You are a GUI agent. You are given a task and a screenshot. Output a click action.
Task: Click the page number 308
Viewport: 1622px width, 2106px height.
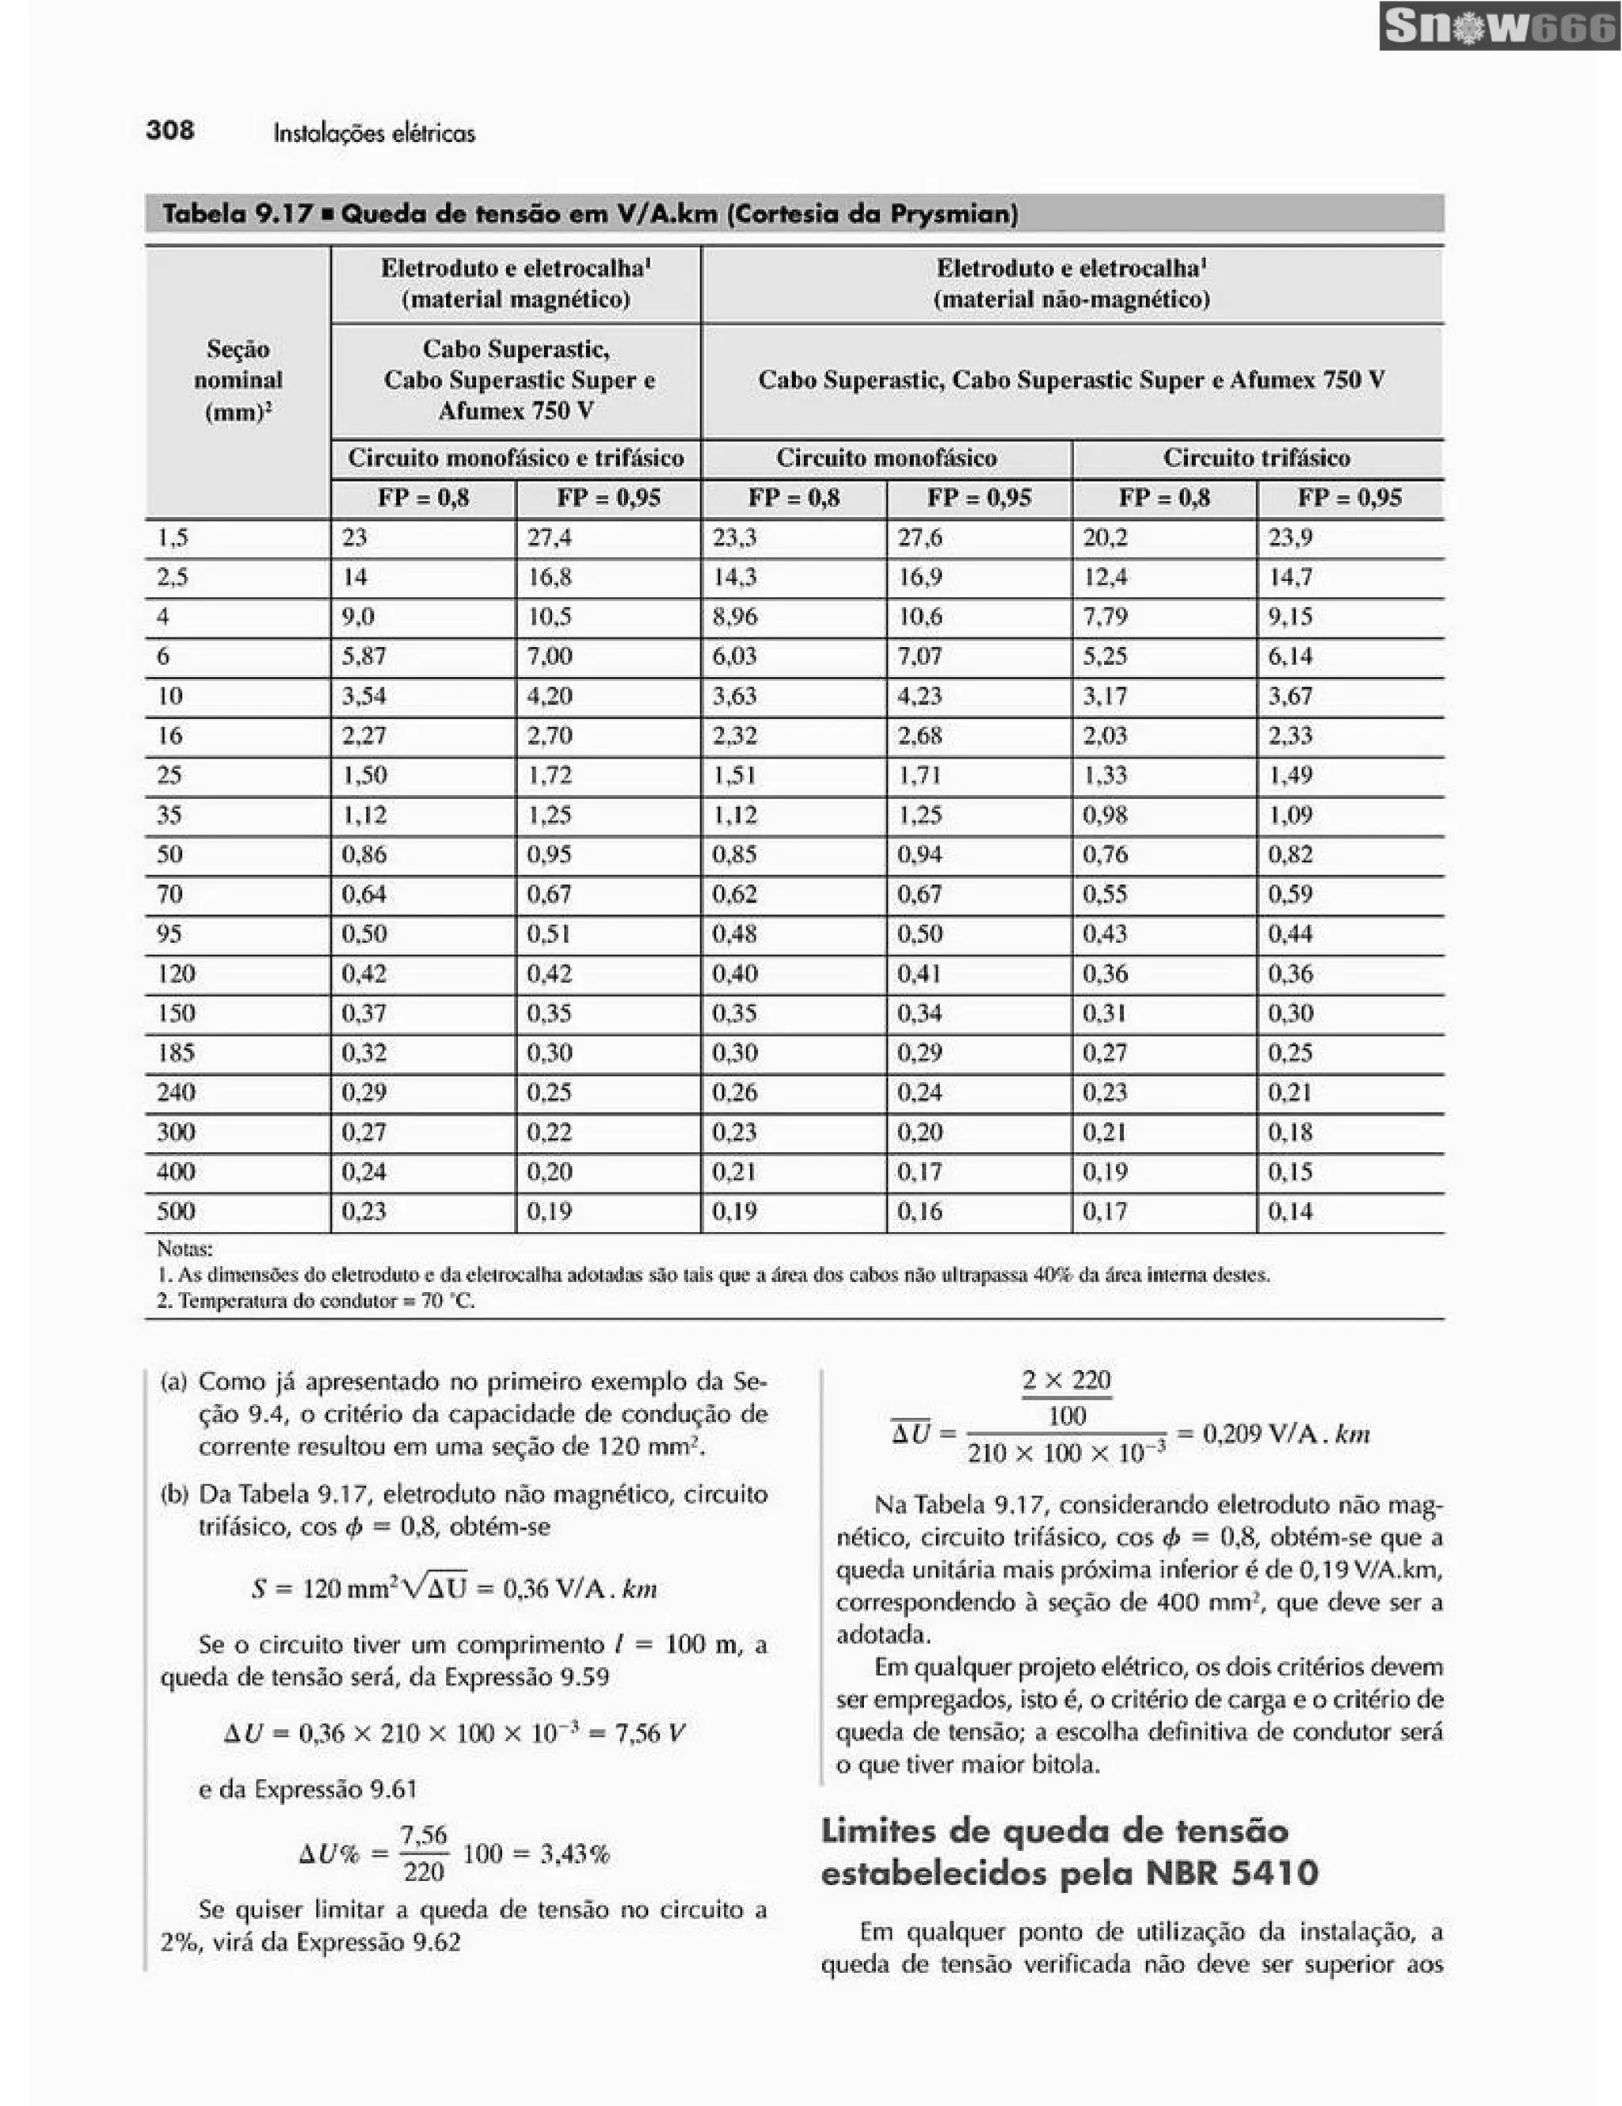(169, 130)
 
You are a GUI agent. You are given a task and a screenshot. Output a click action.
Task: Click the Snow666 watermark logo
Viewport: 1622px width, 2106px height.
(1498, 27)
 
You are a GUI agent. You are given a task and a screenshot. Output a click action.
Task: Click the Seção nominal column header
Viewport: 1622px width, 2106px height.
(238, 380)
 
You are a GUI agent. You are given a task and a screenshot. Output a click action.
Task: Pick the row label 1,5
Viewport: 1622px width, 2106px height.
(172, 537)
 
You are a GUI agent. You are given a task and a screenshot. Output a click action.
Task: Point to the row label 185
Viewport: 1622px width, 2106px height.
(176, 1052)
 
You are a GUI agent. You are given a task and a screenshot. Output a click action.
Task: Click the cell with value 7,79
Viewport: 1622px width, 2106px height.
(1105, 616)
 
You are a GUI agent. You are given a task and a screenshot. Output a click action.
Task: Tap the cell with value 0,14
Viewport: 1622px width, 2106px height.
(1289, 1211)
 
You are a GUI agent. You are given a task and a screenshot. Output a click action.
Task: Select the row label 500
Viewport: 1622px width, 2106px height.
(176, 1211)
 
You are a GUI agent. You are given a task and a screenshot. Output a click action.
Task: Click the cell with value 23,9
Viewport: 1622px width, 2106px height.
(1289, 537)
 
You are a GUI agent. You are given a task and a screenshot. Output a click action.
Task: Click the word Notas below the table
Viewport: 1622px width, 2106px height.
(185, 1249)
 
